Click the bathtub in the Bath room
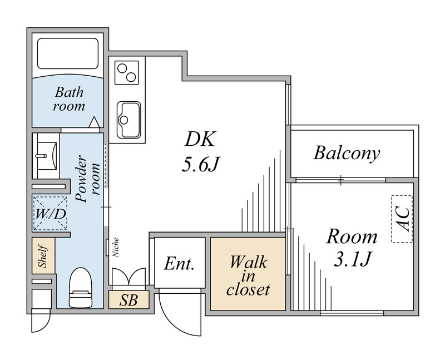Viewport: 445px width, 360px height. click(x=68, y=53)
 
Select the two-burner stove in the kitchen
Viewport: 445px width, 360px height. click(x=127, y=72)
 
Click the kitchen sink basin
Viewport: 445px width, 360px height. click(x=128, y=119)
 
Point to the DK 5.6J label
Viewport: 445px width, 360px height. click(x=200, y=151)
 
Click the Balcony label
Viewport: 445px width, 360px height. click(x=347, y=153)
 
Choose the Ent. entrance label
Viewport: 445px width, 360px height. click(x=179, y=264)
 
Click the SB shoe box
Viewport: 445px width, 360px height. click(x=129, y=300)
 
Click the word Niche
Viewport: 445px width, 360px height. click(x=116, y=248)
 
